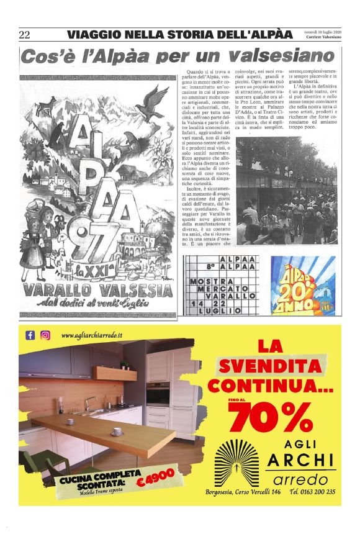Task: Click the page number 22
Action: click(x=25, y=34)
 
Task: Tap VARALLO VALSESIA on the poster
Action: click(x=98, y=291)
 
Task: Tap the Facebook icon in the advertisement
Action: click(x=30, y=335)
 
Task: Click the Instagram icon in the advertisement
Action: click(x=45, y=335)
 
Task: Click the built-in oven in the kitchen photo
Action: click(x=158, y=393)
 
